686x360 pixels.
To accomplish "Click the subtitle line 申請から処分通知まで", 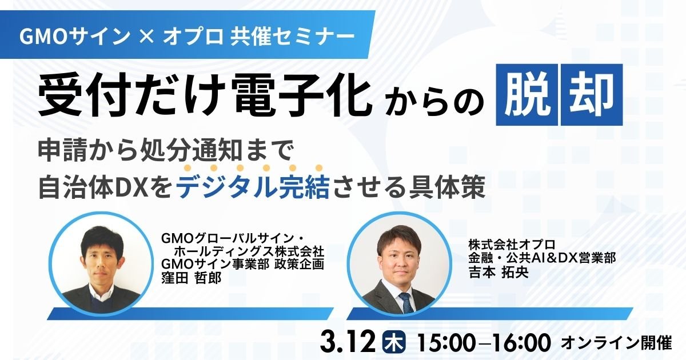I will (166, 152).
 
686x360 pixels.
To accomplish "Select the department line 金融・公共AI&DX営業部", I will (541, 258).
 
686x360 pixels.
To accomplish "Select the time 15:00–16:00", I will (484, 343).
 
